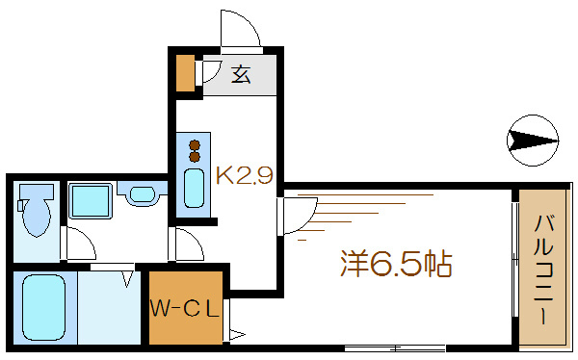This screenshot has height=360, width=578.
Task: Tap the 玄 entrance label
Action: point(240,74)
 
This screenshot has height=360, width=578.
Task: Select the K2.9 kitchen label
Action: point(246,176)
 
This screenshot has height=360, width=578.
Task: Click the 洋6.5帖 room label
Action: point(396,263)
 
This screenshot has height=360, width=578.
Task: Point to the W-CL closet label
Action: point(185,310)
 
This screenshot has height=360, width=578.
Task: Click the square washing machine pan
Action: point(92,201)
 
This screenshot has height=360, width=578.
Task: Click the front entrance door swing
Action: point(241,29)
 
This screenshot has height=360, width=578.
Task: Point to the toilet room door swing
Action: point(76,244)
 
